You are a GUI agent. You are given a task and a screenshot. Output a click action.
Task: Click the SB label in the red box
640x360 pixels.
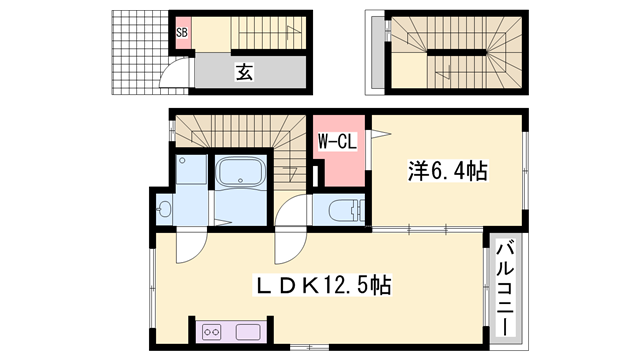182,32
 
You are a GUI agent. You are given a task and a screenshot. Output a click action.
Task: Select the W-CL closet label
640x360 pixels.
337,142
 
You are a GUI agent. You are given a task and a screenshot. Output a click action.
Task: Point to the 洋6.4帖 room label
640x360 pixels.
446,172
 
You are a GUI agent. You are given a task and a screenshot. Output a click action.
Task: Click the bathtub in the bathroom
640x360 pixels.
240,173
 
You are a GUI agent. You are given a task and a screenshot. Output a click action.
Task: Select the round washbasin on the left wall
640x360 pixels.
164,210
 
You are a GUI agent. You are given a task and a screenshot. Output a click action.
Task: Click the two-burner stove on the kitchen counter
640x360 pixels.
213,330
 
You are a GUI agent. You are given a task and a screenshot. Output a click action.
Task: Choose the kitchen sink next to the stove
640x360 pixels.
247,330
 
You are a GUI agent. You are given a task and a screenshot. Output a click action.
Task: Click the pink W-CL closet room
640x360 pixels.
338,160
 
